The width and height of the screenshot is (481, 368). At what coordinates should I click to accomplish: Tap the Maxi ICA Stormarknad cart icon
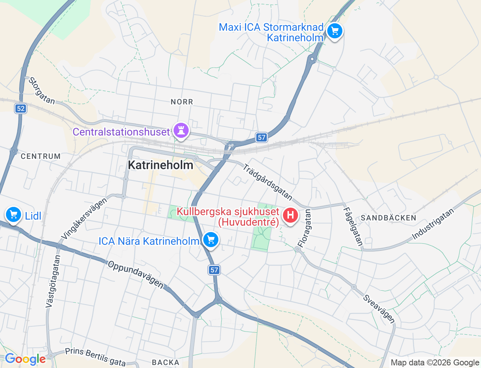(334, 31)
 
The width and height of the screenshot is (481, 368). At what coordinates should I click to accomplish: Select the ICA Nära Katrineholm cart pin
(210, 240)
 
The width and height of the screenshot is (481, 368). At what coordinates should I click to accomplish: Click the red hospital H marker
(290, 216)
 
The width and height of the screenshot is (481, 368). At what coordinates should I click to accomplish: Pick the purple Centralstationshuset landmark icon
(181, 131)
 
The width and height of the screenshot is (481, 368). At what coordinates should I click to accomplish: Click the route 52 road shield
(21, 109)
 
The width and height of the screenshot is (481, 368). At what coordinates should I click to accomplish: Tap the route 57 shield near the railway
(262, 137)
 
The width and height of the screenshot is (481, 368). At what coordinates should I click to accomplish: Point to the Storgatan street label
(41, 90)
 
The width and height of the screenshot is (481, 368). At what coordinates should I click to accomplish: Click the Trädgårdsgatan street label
(267, 182)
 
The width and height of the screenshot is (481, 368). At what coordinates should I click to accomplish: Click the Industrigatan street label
(433, 224)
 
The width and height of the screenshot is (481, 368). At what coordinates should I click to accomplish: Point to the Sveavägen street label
(379, 309)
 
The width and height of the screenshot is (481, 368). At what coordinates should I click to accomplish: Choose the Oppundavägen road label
(136, 274)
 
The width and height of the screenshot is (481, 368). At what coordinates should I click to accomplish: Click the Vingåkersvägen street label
(85, 218)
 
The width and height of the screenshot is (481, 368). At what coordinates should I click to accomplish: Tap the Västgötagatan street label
(53, 281)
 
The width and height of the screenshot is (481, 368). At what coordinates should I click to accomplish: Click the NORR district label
(182, 102)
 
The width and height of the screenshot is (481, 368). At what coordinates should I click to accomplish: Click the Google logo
(25, 359)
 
